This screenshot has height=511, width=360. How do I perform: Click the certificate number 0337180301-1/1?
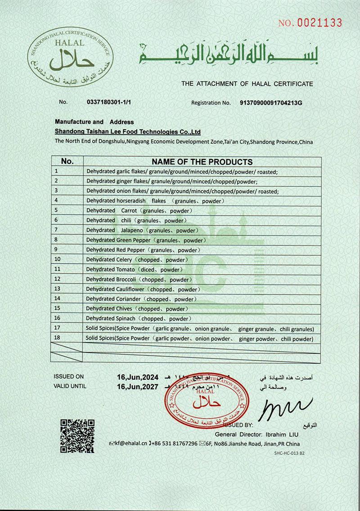(x=108, y=102)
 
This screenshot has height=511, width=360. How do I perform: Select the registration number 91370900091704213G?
(x=271, y=103)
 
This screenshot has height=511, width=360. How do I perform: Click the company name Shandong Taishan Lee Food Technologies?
(x=127, y=132)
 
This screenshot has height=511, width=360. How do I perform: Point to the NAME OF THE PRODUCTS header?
(x=202, y=162)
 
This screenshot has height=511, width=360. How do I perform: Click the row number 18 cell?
(x=67, y=338)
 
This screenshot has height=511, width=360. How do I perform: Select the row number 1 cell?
(x=67, y=171)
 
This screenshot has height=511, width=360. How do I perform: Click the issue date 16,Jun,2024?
(x=138, y=376)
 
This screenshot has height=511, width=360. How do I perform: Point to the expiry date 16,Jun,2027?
(x=138, y=386)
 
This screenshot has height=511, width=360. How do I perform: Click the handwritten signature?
(x=285, y=408)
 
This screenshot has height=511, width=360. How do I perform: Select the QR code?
(x=77, y=436)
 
